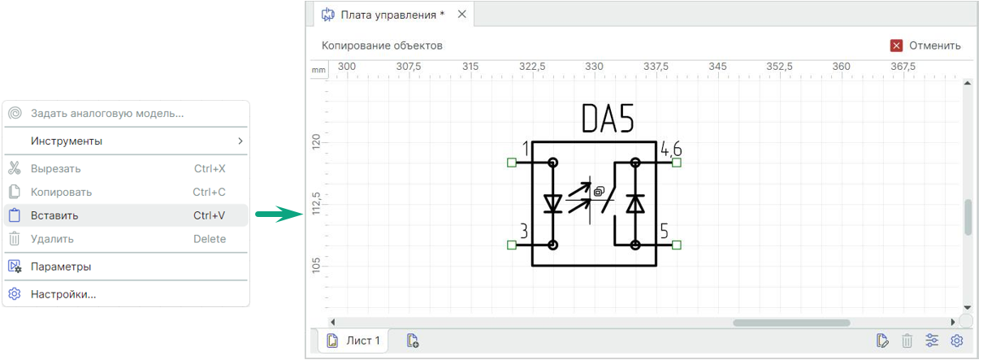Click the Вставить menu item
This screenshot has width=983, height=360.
point(55,215)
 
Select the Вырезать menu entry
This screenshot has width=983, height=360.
point(55,168)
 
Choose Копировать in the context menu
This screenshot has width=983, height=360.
point(61,192)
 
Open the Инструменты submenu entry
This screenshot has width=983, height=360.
point(67,141)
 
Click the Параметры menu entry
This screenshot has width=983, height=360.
point(60,267)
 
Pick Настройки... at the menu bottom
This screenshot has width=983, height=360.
point(63,294)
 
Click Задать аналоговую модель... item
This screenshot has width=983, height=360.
point(106,113)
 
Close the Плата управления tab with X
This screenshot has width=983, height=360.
point(462,15)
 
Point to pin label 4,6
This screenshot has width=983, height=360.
point(671,149)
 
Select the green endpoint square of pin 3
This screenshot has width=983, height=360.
point(511,245)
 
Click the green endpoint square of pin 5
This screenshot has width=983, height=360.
point(677,245)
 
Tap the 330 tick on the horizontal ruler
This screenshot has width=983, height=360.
point(594,66)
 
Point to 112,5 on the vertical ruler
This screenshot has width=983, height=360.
point(316,205)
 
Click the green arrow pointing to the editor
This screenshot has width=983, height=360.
point(277,215)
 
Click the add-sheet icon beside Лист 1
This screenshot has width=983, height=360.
point(413,340)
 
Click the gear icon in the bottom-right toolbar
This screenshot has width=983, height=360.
point(956,340)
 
